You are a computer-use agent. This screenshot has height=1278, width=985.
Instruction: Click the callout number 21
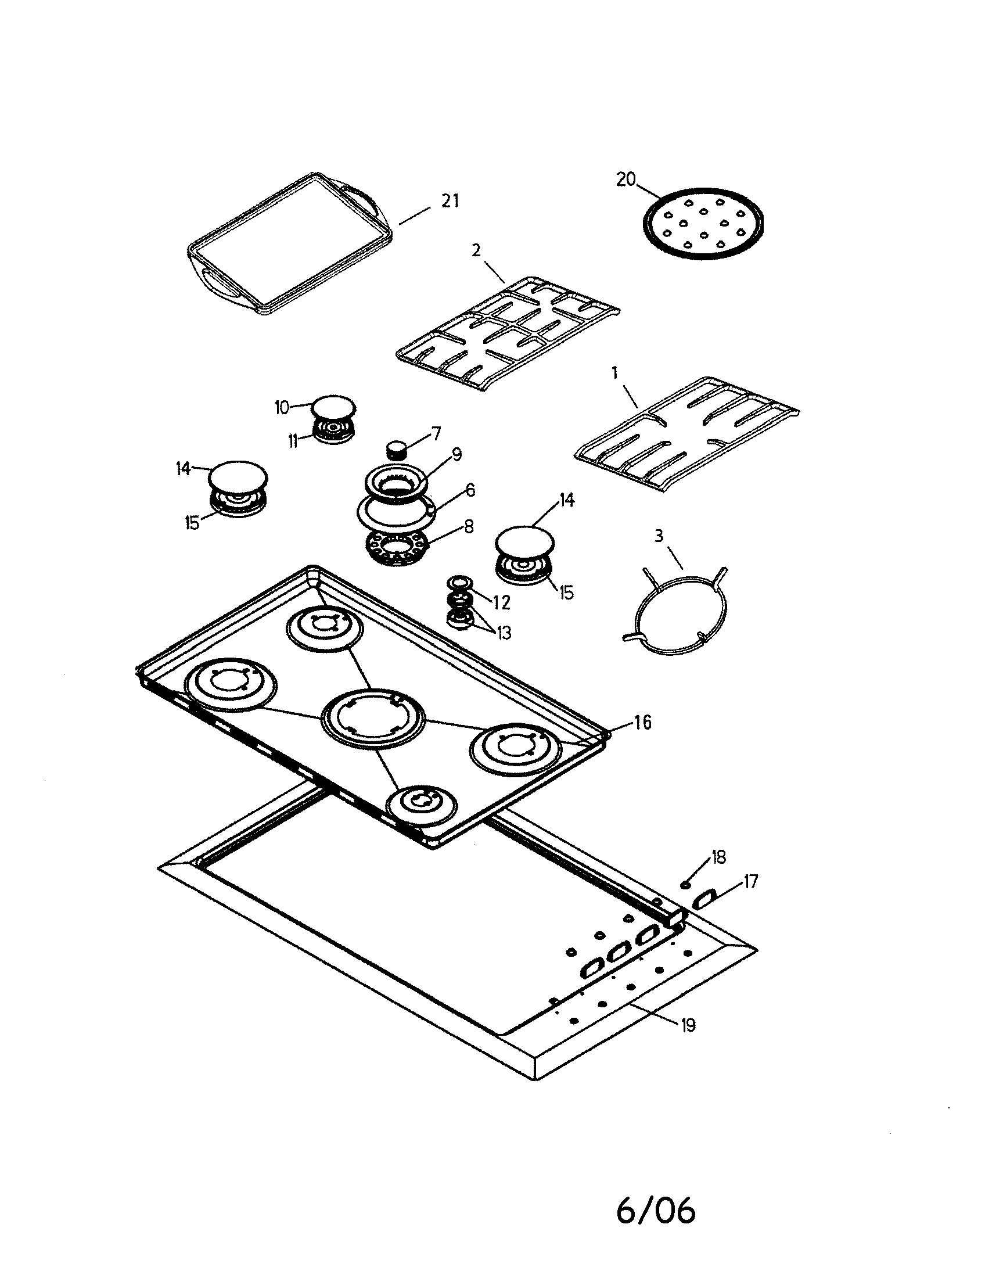[450, 201]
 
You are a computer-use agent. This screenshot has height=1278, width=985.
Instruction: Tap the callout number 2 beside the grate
[476, 250]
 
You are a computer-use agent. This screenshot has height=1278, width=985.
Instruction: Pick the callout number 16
[642, 723]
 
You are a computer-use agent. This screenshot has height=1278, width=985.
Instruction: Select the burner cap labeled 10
[333, 406]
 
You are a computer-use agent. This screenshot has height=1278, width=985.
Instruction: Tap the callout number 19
[688, 1025]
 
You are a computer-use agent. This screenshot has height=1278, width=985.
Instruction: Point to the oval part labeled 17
[704, 898]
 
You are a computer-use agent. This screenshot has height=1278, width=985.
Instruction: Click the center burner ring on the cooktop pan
[373, 718]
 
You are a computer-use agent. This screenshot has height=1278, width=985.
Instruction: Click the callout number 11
[293, 441]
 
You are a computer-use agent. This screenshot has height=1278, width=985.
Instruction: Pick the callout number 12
[501, 603]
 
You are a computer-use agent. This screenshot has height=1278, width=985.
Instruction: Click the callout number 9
[456, 454]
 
